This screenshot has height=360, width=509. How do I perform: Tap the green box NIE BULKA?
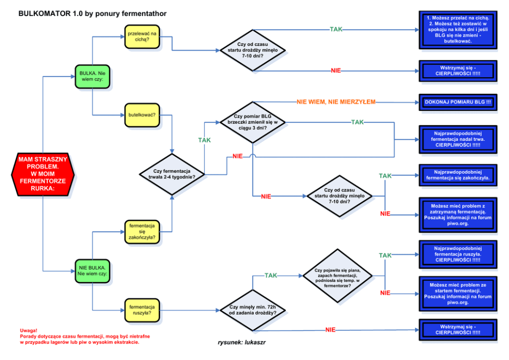[x=92, y=271]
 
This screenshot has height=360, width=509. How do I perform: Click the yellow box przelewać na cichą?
[x=142, y=36]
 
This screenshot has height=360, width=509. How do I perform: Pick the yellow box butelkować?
[x=142, y=114]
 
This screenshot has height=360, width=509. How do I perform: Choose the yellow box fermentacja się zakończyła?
[x=142, y=232]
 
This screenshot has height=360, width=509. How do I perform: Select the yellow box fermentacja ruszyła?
[x=142, y=309]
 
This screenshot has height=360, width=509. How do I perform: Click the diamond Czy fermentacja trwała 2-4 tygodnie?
[x=171, y=174]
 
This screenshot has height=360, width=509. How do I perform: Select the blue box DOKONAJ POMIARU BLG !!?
[x=458, y=102]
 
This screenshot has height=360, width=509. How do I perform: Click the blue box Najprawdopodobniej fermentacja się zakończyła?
[x=458, y=175]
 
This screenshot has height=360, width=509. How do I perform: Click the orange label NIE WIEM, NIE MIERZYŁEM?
[x=336, y=102]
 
